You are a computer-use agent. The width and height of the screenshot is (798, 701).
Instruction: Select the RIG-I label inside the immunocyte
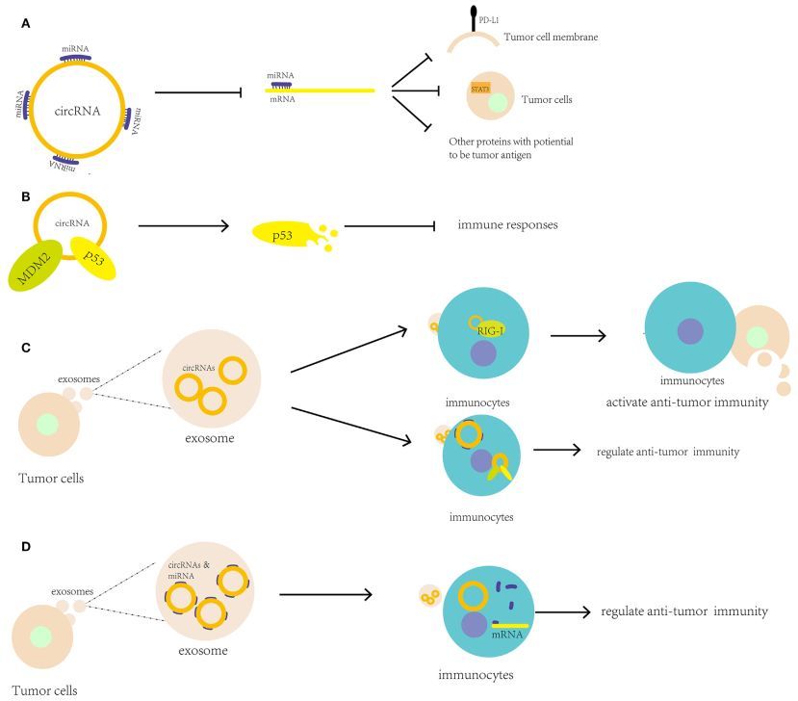(489, 328)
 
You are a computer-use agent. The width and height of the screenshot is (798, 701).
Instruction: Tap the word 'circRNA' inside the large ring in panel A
(77, 107)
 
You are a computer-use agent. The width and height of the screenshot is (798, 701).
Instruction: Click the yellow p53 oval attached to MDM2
(93, 258)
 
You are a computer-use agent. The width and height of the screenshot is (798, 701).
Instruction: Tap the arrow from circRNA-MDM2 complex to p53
(183, 226)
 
